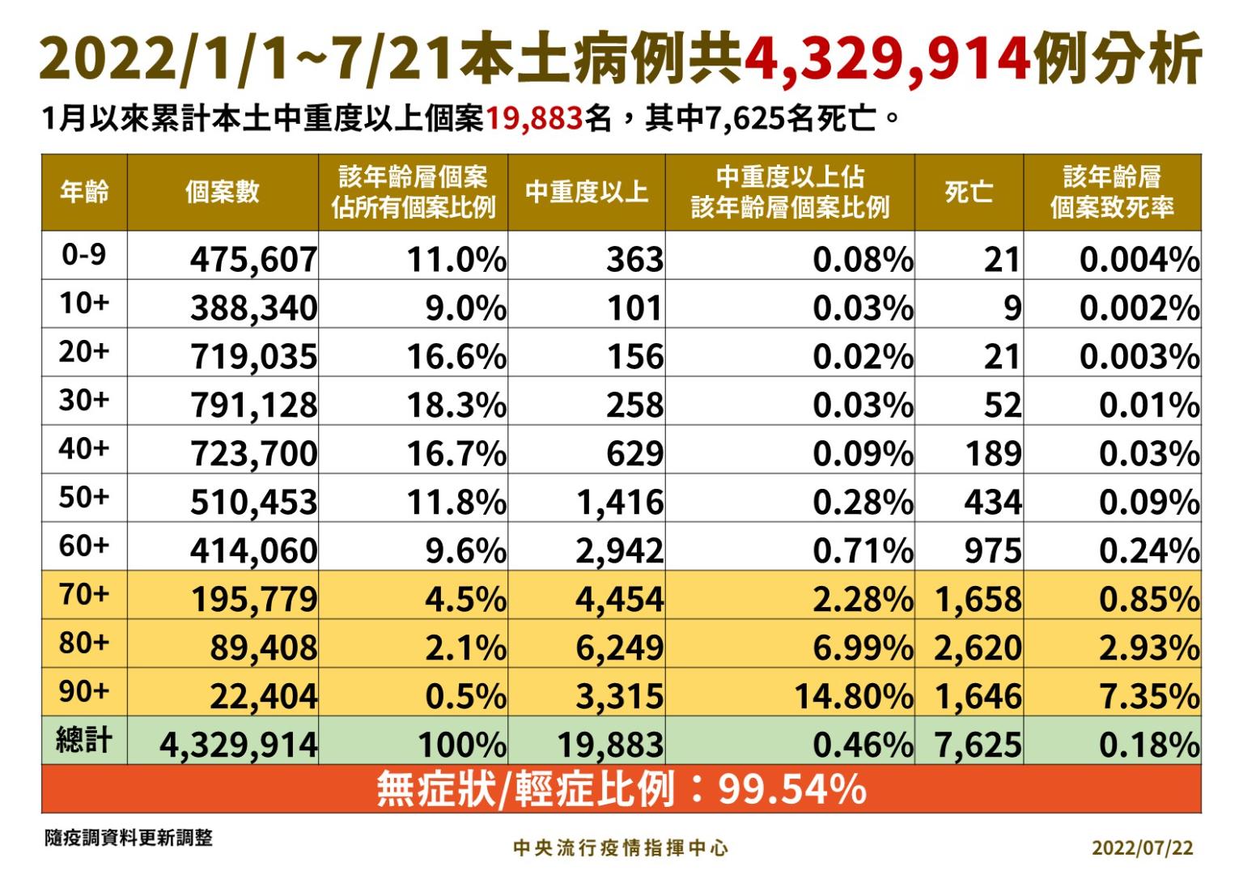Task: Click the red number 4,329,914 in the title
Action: pos(887,58)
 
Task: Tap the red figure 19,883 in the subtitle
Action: pos(534,120)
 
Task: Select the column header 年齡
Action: pos(84,193)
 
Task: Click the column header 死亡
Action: pos(969,193)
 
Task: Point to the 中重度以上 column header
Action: pos(587,193)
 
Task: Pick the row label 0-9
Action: pos(84,256)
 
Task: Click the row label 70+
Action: pos(84,595)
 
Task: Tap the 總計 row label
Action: pos(84,741)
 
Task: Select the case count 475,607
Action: pos(253,260)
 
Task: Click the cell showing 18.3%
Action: pos(456,405)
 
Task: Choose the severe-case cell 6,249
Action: pos(619,648)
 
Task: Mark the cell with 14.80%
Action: pos(853,696)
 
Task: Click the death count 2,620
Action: pos(978,648)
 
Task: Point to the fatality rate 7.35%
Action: pos(1148,696)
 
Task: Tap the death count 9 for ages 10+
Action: pos(1012,308)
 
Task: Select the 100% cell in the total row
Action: pos(461,745)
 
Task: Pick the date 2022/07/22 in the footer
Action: pos(1142,847)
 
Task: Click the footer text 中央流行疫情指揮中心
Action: pos(621,847)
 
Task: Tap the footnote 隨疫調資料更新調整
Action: pos(129,838)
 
